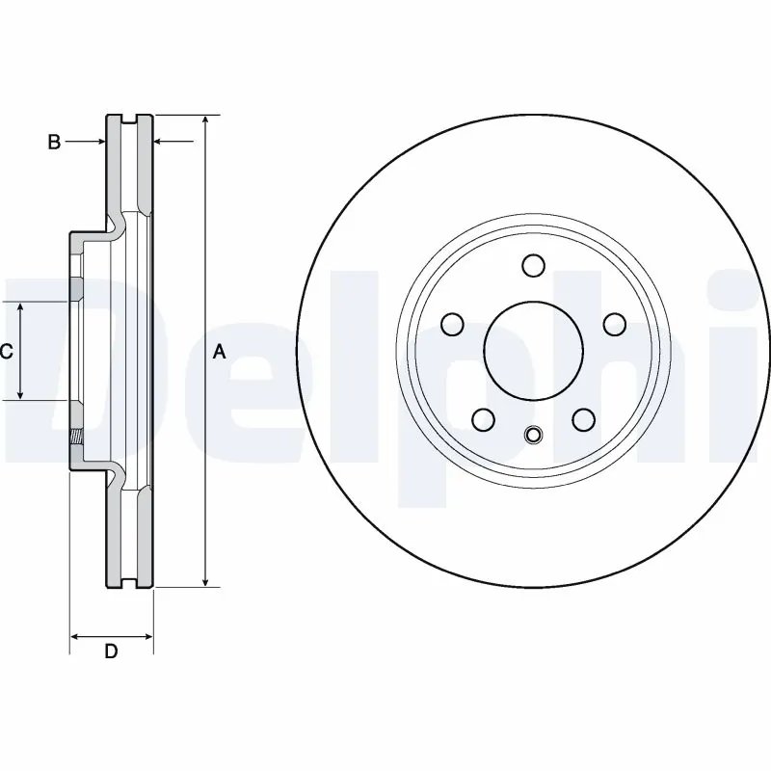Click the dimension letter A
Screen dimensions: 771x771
pos(220,353)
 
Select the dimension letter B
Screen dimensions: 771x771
pos(55,143)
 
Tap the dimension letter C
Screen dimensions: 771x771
pos(6,352)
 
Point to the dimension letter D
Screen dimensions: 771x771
pos(111,652)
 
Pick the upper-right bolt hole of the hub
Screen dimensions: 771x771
pos(612,323)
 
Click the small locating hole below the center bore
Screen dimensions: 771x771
pos(533,436)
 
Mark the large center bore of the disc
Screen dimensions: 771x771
pos(533,349)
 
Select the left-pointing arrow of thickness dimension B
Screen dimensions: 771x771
pos(161,143)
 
